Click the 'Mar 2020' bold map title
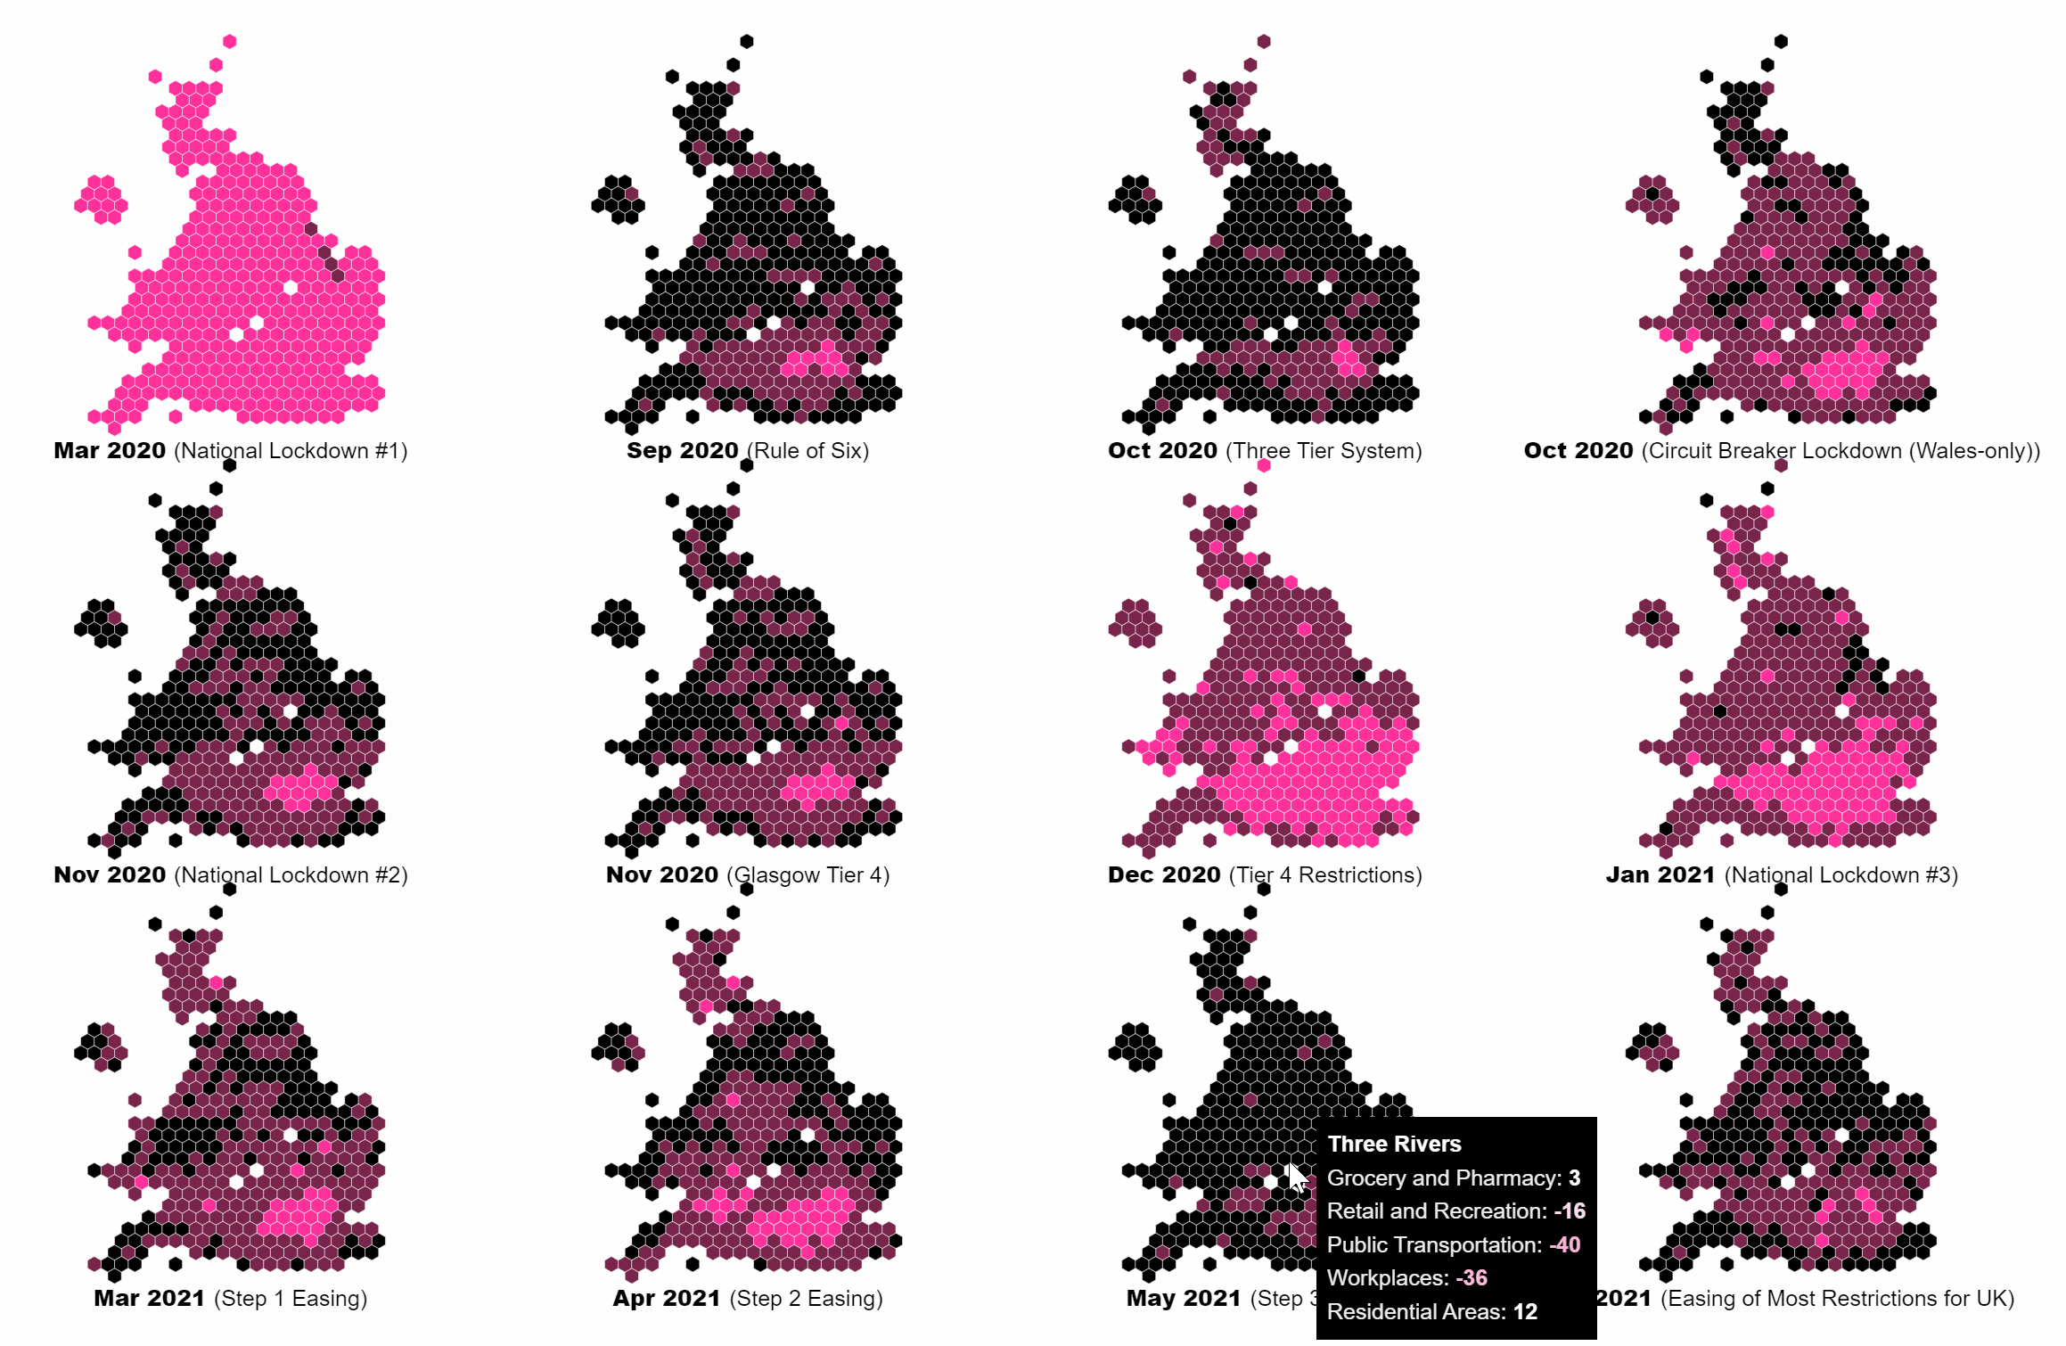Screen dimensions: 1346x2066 tap(110, 451)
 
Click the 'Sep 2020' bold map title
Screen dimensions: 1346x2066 tap(683, 451)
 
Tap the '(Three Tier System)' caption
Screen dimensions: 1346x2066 tap(1324, 451)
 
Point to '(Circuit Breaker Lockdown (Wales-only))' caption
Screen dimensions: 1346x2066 tap(1841, 451)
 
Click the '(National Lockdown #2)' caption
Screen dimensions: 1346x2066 tap(291, 875)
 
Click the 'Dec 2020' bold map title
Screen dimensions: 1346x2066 tap(1164, 875)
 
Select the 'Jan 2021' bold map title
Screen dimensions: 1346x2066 tap(1660, 875)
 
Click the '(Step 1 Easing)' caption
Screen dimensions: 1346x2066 tap(291, 1299)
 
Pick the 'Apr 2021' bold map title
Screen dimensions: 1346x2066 tap(667, 1299)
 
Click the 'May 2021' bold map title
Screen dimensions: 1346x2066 tap(1184, 1299)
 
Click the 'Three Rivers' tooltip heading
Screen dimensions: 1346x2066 tap(1394, 1145)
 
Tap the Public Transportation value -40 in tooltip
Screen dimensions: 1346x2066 tap(1564, 1245)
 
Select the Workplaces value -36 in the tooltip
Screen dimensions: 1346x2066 tap(1472, 1278)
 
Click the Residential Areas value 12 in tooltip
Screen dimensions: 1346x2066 tap(1525, 1312)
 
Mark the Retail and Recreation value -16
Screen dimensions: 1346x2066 tap(1570, 1211)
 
